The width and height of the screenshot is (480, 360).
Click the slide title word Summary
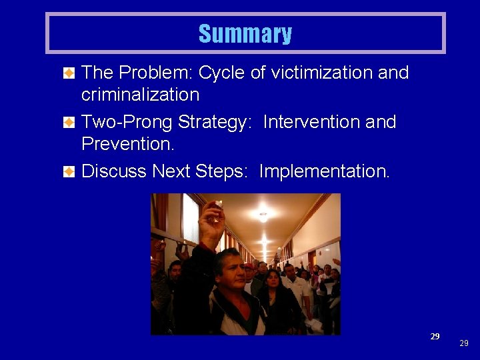point(245,33)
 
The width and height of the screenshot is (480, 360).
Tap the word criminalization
point(140,95)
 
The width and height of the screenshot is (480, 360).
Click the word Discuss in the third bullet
point(114,171)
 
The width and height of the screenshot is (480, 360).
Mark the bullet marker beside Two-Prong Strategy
point(69,123)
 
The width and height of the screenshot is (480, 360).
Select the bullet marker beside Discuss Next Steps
point(69,172)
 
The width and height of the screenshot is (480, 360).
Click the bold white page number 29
point(435,336)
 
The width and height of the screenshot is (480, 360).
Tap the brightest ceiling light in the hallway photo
point(264,217)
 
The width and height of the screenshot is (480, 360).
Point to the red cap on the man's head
point(248,266)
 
